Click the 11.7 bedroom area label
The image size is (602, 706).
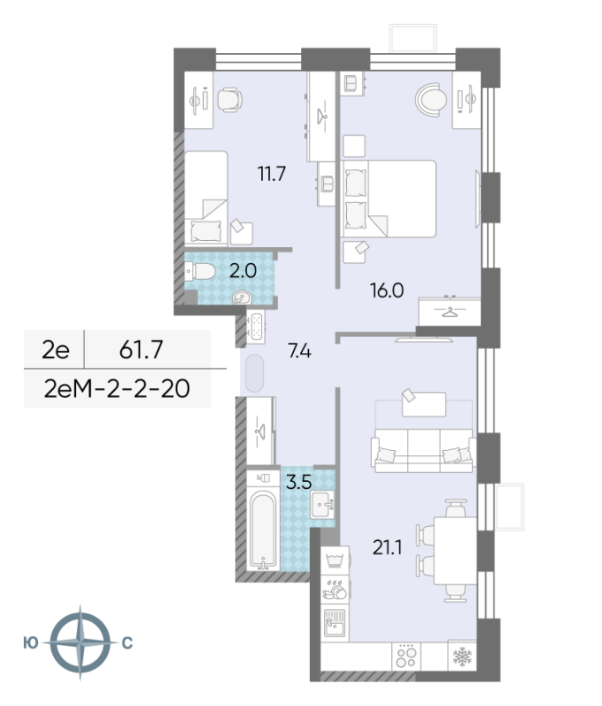tap(271, 174)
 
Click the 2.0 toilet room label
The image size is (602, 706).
tap(243, 271)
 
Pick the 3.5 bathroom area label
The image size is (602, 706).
tap(297, 483)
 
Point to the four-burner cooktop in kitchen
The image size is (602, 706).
tap(405, 657)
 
